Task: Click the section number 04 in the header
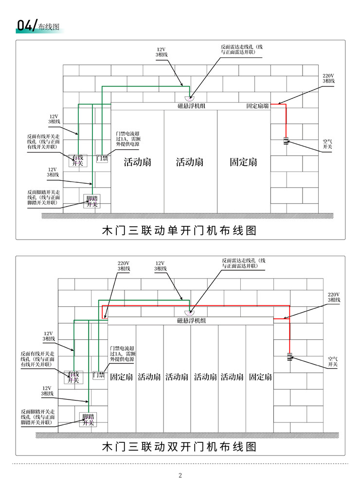tap(24, 26)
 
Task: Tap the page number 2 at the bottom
tap(180, 475)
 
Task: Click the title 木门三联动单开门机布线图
tap(180, 230)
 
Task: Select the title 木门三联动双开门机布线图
tap(180, 447)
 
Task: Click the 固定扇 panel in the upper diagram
tap(244, 161)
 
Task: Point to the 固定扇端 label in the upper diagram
tap(257, 106)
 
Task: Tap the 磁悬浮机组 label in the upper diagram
tap(191, 106)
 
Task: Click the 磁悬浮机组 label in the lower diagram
tap(191, 321)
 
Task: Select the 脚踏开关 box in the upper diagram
tap(92, 201)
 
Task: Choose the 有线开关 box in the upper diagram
tap(78, 160)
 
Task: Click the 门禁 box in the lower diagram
tap(99, 375)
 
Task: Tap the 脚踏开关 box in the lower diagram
tap(88, 419)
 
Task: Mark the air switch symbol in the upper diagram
tap(286, 140)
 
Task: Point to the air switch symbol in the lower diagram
tap(289, 357)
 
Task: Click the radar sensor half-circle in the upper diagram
tap(190, 99)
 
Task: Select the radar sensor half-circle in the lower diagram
tap(190, 313)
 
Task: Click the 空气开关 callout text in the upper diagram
tap(327, 144)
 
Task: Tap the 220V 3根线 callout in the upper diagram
tap(328, 78)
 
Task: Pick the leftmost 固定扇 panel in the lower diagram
tap(122, 377)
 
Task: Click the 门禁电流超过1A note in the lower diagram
tap(122, 354)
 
